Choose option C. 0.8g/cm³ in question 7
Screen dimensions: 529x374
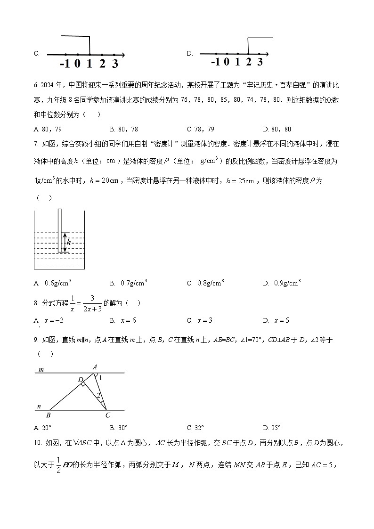[x=205, y=283]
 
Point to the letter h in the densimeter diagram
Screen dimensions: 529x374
[x=69, y=242]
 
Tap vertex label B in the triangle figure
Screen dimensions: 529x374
[x=48, y=415]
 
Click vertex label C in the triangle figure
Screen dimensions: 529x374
[x=108, y=415]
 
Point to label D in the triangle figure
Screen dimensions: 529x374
[x=80, y=379]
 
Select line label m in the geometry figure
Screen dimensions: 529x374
[x=41, y=370]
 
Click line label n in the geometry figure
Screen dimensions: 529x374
[x=40, y=406]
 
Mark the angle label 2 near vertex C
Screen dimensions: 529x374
[x=98, y=395]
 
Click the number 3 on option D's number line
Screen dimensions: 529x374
[x=260, y=62]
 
